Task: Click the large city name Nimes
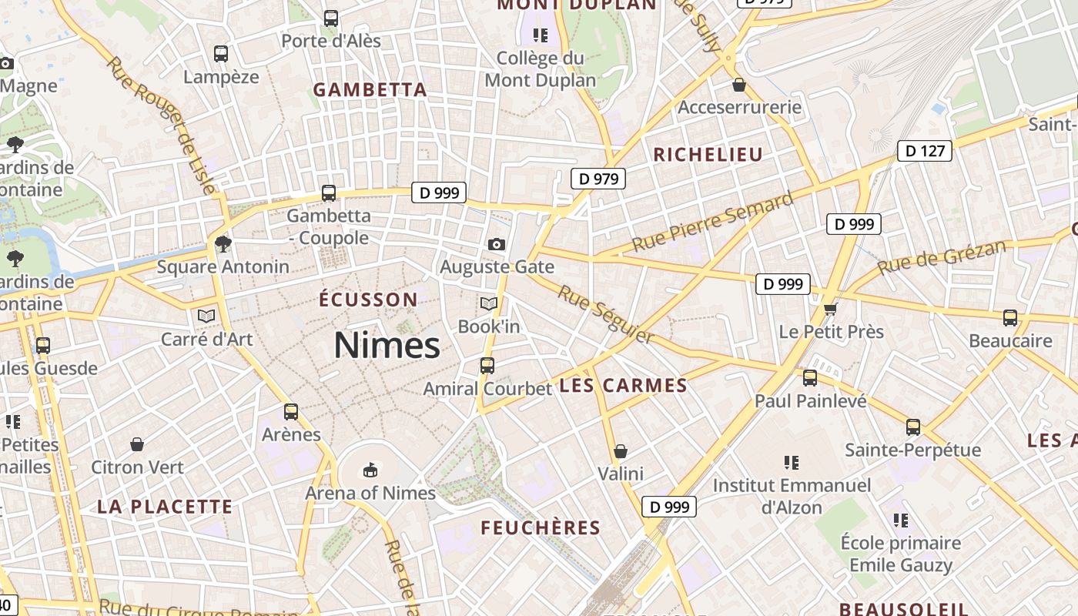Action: (387, 345)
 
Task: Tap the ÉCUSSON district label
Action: (369, 300)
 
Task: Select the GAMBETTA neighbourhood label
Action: (370, 89)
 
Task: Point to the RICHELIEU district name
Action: (708, 154)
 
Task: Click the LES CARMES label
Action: (623, 386)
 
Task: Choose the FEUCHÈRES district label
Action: (541, 527)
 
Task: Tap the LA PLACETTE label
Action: (165, 507)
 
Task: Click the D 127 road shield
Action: (924, 151)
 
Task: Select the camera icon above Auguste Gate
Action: (497, 244)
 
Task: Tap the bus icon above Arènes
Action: (291, 412)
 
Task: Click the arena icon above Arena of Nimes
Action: (370, 469)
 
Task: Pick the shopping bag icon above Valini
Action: (621, 451)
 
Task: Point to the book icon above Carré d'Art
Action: (206, 316)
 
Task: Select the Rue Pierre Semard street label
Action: (712, 221)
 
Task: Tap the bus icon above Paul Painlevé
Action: (810, 378)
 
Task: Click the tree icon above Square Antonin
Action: (223, 244)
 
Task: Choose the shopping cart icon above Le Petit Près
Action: (830, 310)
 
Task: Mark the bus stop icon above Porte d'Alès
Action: (331, 18)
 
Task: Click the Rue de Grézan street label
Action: (941, 257)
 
